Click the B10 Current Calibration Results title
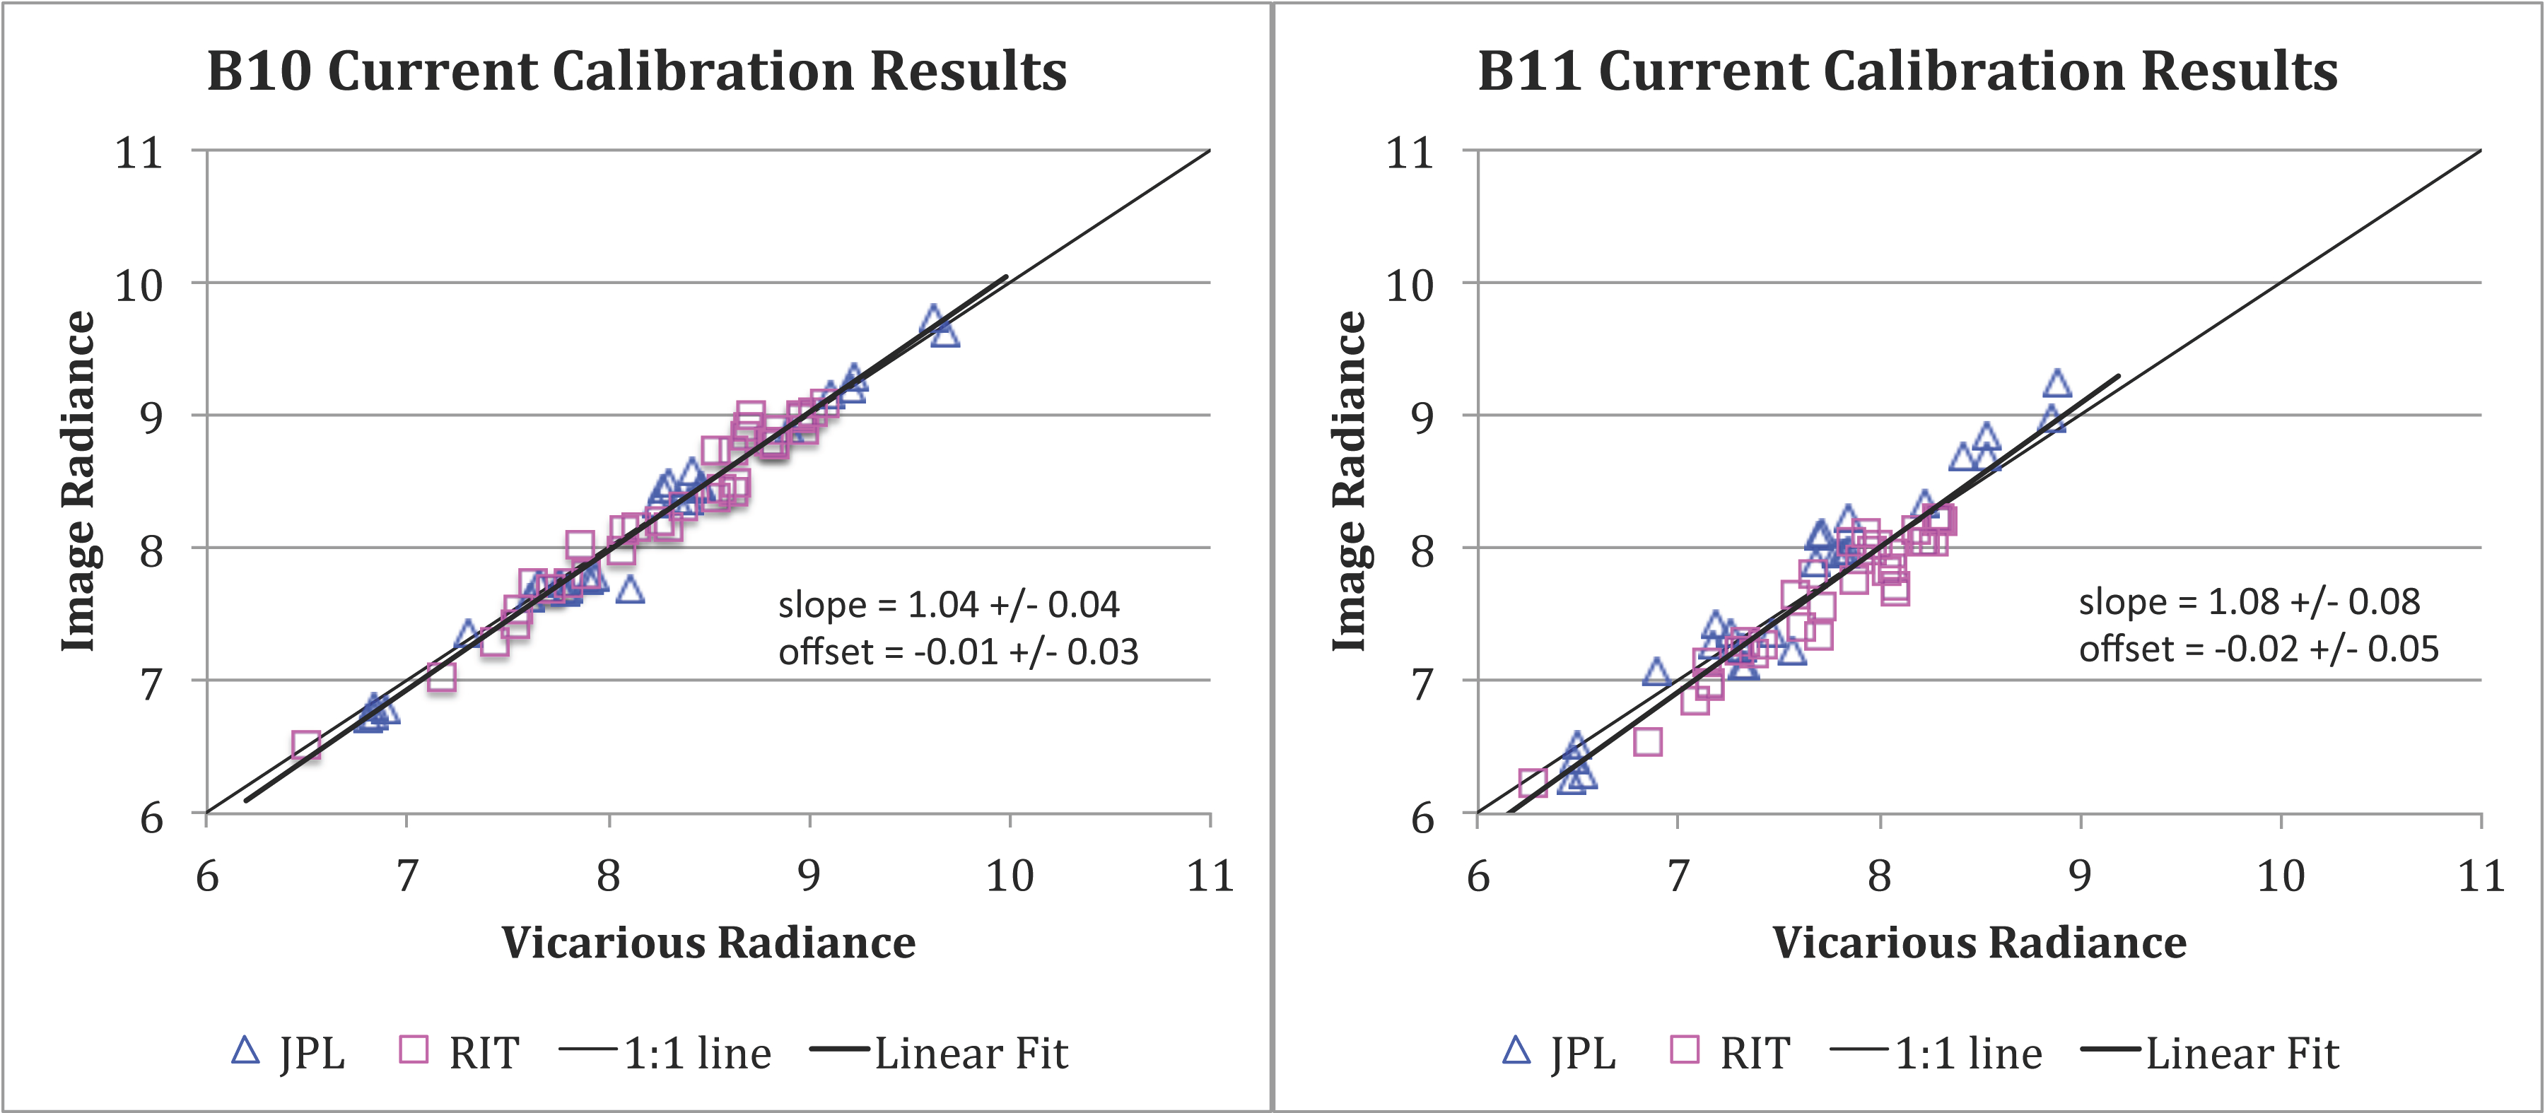pos(636,71)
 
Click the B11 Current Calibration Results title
pos(1908,71)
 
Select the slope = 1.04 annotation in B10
pos(949,604)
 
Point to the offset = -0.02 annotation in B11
pos(2259,649)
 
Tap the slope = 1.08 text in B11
pos(2249,601)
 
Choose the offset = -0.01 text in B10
pos(959,652)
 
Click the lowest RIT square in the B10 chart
pos(306,746)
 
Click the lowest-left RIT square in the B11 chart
pos(1533,783)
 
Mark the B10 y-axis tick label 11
pos(139,153)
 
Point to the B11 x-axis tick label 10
pos(2280,876)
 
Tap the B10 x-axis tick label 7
pos(407,876)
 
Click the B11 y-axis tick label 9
pos(1422,418)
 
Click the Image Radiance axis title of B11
pos(1350,481)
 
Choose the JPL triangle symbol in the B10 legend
pos(245,1050)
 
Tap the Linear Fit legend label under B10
pos(971,1054)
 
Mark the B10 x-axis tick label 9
pos(809,876)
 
